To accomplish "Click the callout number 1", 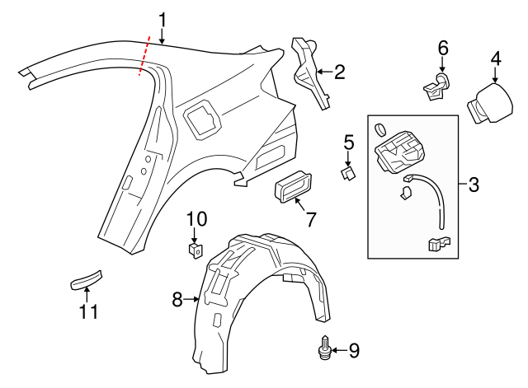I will pyautogui.click(x=163, y=19).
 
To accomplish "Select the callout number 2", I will pyautogui.click(x=340, y=72).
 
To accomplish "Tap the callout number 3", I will pyautogui.click(x=474, y=185).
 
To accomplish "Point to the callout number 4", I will pyautogui.click(x=495, y=58).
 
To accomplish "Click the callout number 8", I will pyautogui.click(x=177, y=301).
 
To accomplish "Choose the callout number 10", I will pyautogui.click(x=196, y=218).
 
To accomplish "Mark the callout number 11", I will pyautogui.click(x=88, y=311).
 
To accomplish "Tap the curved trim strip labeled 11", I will pyautogui.click(x=86, y=280).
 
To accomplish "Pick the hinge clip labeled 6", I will pyautogui.click(x=436, y=85).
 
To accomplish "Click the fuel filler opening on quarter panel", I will pyautogui.click(x=201, y=117).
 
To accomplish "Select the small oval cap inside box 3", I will pyautogui.click(x=379, y=129).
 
